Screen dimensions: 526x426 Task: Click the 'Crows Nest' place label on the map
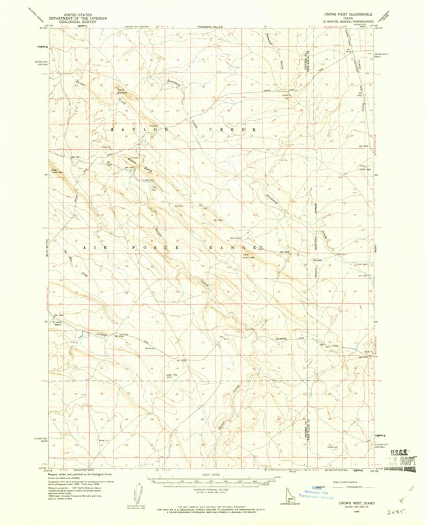click(57, 322)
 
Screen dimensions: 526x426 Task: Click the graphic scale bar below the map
click(211, 482)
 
